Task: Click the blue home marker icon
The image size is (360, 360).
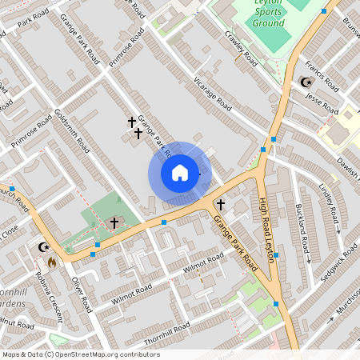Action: pos(180,172)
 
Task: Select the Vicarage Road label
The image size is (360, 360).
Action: pos(213,94)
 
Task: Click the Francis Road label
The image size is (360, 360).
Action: pos(323,74)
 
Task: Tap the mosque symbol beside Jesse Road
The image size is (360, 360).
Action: pos(305,82)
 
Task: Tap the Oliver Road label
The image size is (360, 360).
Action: pos(79,292)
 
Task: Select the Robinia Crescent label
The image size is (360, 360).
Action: pos(46,298)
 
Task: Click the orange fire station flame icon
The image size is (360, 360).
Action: pos(53,262)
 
